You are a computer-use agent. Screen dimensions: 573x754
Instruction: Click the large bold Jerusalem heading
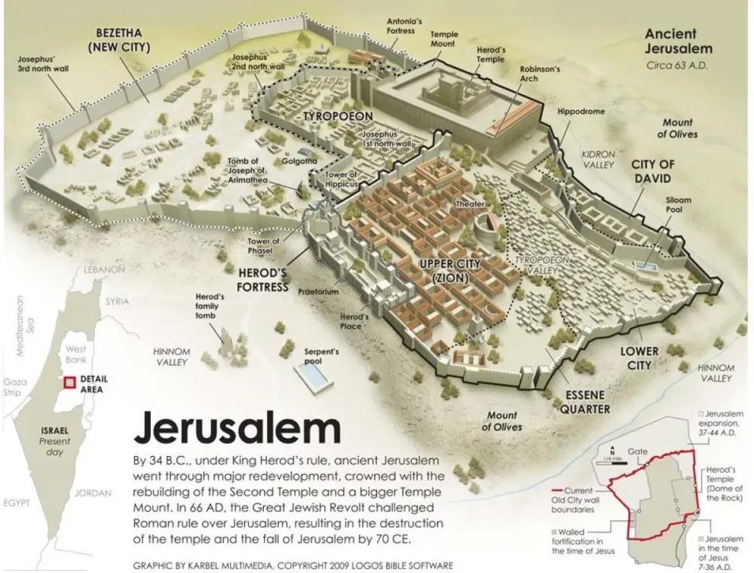(237, 428)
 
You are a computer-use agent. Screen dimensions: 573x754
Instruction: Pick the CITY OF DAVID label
(652, 171)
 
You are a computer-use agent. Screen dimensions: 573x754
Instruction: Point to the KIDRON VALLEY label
(599, 159)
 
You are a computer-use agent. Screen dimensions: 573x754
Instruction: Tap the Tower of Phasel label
(263, 246)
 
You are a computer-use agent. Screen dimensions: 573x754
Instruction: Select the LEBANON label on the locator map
(104, 269)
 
